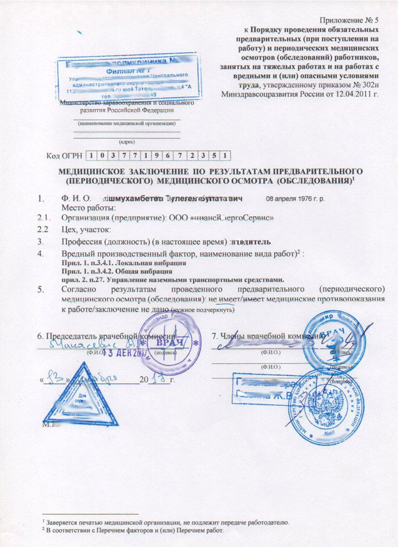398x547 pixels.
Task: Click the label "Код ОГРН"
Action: tap(64, 155)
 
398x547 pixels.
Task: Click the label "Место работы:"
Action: tap(88, 207)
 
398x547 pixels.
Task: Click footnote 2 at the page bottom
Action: tap(131, 530)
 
